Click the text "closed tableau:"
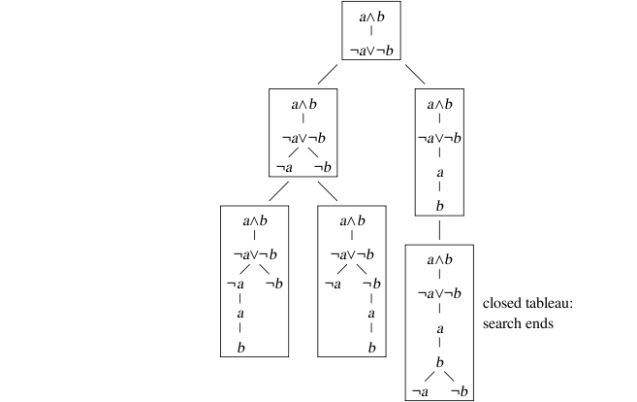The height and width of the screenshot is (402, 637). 528,305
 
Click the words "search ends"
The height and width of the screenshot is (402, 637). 518,323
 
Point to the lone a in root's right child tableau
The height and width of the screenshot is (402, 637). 440,172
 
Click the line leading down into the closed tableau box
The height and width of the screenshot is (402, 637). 440,230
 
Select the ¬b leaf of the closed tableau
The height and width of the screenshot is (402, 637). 461,390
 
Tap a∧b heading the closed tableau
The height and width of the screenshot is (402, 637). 440,260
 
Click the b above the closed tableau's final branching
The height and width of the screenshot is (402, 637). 440,361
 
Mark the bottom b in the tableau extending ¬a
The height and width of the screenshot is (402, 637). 239,346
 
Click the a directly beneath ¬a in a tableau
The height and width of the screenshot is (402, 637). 239,314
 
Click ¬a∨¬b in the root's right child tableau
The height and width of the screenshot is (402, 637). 440,137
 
